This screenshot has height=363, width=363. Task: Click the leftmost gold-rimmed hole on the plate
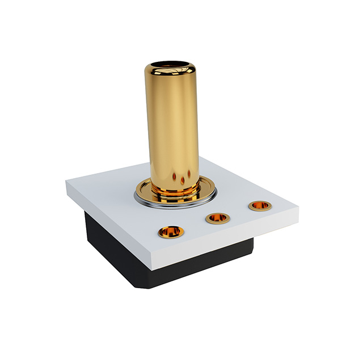coord(171,231)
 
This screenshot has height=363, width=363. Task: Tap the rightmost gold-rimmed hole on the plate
coord(260,205)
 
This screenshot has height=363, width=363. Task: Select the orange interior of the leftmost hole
coord(171,233)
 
